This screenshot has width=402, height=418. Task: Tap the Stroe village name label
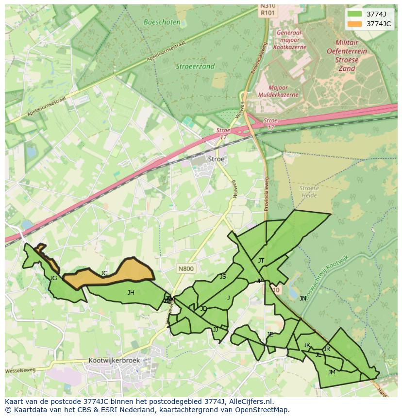(216, 159)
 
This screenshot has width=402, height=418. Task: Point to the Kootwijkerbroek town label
(114, 361)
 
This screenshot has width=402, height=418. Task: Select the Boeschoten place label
(162, 22)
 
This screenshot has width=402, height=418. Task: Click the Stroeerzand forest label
(195, 67)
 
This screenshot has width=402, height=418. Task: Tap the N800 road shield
(185, 268)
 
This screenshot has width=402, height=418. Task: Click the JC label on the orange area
(104, 273)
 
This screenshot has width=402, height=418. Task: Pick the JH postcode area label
(131, 293)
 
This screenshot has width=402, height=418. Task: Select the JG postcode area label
(53, 278)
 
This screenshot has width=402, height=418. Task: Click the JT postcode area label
(261, 261)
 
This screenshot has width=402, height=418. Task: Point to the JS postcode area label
(223, 277)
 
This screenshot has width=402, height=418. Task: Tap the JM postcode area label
(332, 372)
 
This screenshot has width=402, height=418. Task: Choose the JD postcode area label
(203, 309)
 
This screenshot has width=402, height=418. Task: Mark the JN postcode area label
(303, 299)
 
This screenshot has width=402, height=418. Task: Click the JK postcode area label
(307, 345)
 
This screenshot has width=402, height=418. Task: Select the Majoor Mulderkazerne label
(278, 91)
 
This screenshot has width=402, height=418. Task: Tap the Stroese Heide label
(309, 191)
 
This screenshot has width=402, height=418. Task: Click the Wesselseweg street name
(20, 370)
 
